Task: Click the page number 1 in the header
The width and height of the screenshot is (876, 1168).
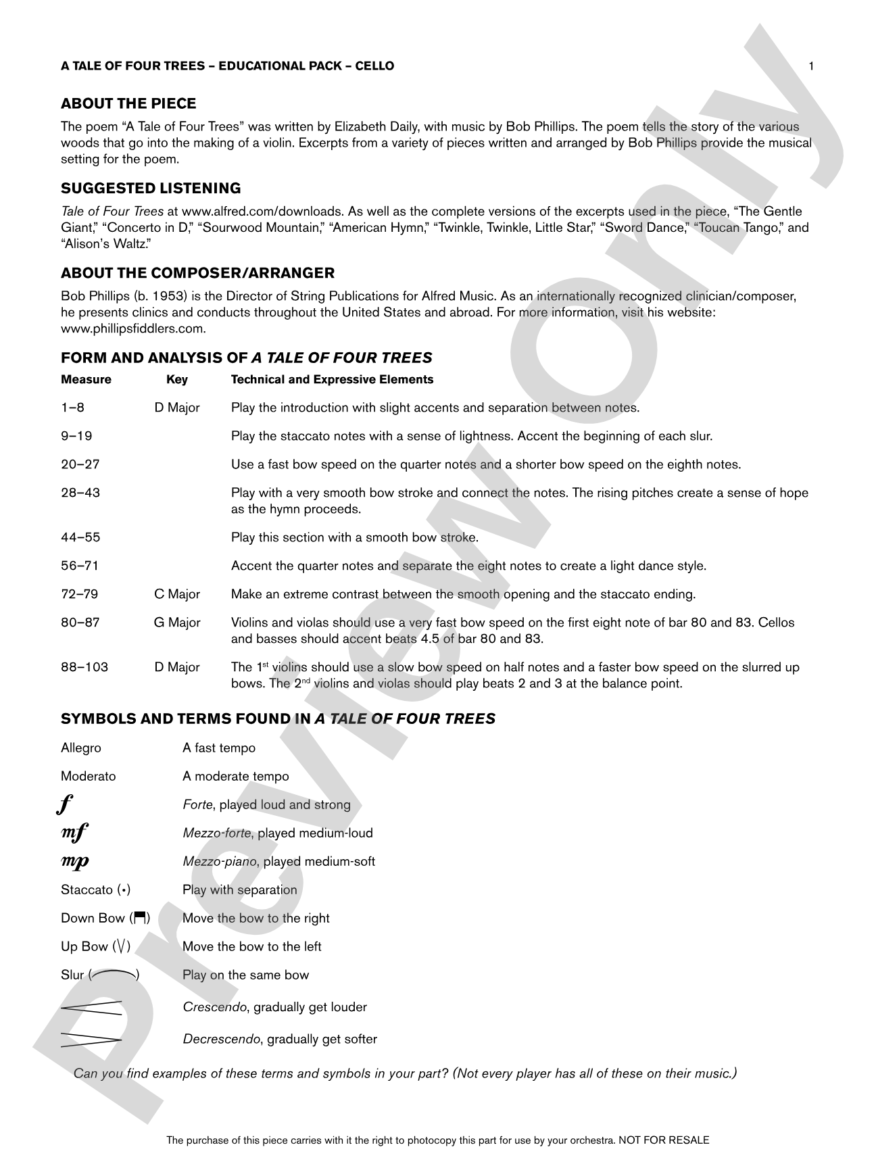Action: [811, 66]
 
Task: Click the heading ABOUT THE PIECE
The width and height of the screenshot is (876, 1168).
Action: [128, 103]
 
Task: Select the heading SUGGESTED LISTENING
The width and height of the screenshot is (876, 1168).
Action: [151, 189]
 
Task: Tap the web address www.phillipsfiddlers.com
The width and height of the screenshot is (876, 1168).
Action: [133, 329]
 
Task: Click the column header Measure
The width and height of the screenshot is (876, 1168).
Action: [86, 380]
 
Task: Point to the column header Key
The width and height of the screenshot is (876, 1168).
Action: [177, 380]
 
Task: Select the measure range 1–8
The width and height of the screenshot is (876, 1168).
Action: [72, 408]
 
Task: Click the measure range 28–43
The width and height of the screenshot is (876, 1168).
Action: [80, 493]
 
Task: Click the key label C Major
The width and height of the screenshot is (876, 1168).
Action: [177, 595]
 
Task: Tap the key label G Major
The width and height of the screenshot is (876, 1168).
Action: [177, 623]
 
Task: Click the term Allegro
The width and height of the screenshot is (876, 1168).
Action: [81, 748]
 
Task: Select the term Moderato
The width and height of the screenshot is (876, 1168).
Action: [88, 777]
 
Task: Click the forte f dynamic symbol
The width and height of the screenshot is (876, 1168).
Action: [66, 805]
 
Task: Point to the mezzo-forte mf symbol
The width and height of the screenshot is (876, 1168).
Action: [74, 833]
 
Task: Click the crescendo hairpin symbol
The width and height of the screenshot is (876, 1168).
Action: [91, 1007]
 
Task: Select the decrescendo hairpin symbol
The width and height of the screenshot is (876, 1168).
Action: [91, 1040]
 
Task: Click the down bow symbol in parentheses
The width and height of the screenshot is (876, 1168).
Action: [140, 918]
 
